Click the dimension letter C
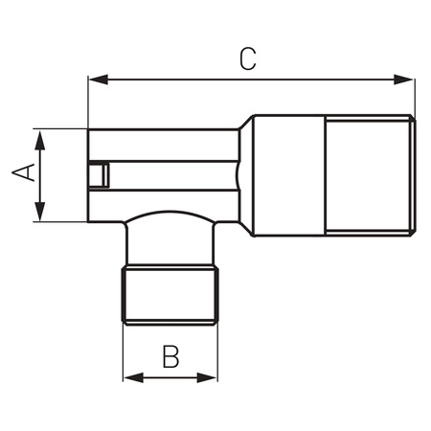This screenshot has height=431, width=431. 248,59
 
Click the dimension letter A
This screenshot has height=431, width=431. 23,172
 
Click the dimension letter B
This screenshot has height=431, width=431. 170,356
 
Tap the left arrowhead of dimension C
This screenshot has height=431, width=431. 98,79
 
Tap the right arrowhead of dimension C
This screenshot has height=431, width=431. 403,79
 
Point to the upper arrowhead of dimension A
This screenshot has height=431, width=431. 40,140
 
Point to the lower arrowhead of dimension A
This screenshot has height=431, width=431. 40,211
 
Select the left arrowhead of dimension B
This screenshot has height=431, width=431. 133,377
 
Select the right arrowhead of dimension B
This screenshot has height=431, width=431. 207,377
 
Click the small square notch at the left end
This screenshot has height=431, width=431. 99,175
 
